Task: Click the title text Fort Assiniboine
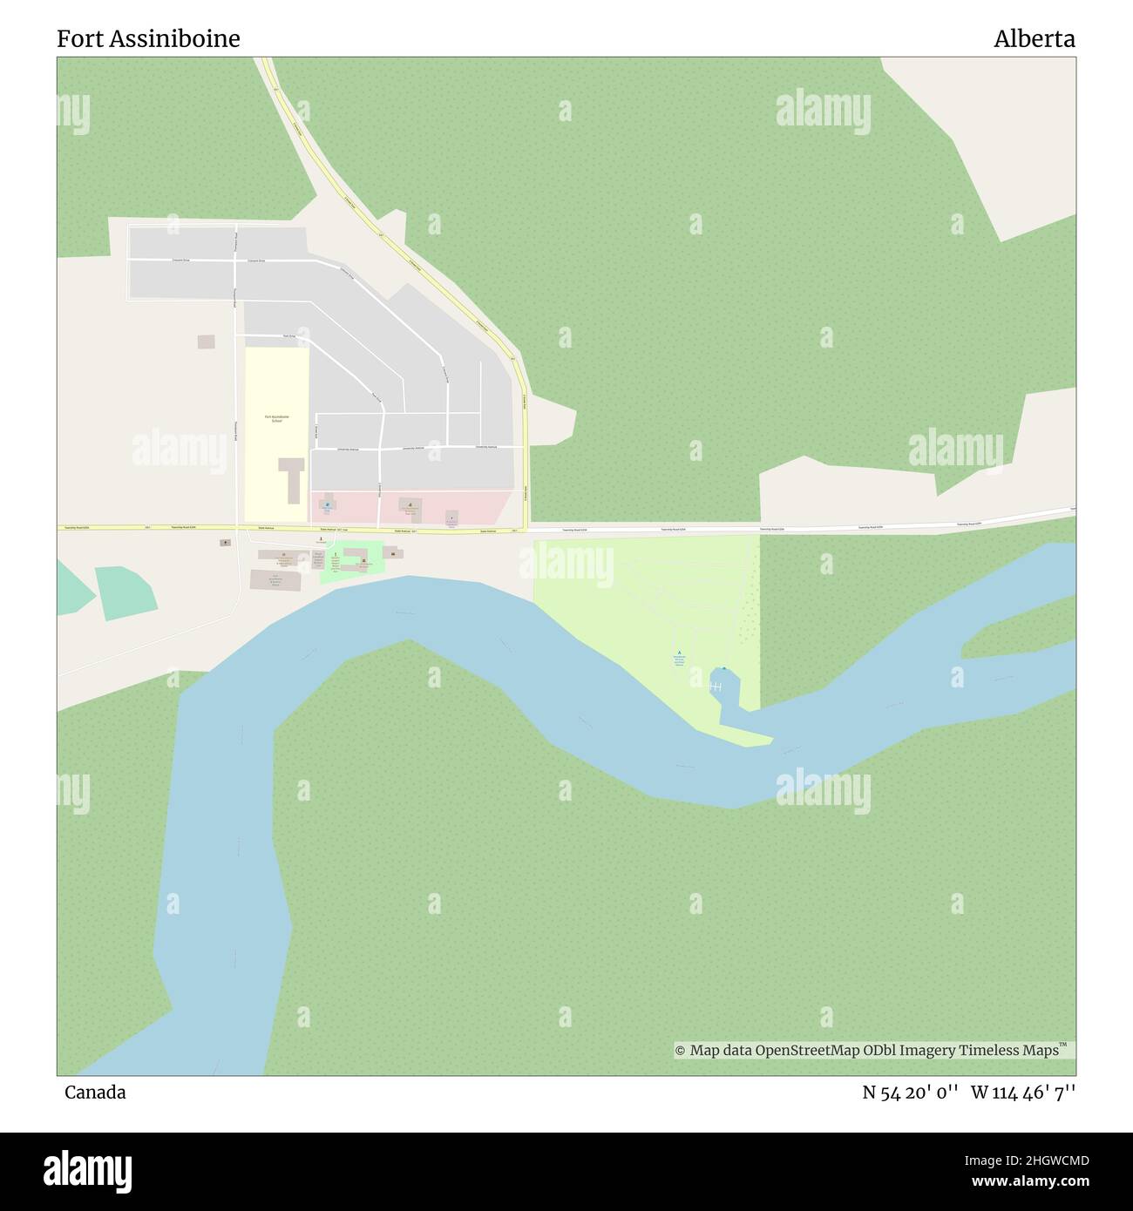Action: tap(148, 39)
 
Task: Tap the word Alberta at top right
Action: tap(1034, 39)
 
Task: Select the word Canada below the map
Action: tap(94, 1092)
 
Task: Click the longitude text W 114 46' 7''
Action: tap(1022, 1092)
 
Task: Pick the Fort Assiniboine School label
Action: tap(277, 418)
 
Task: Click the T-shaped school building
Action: tap(290, 476)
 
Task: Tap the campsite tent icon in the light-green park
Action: tap(679, 654)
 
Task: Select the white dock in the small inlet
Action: tap(716, 687)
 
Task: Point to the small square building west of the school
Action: tap(206, 342)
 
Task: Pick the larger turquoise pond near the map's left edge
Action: tap(126, 592)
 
